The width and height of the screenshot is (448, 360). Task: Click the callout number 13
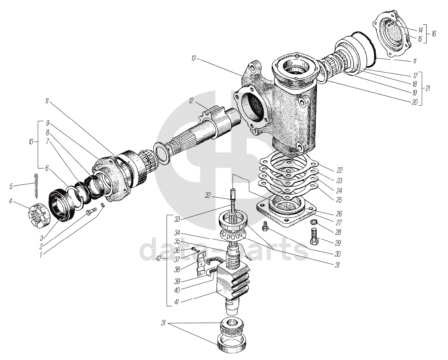193,58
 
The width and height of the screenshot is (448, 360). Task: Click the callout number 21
427,88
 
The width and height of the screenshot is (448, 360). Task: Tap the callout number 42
159,259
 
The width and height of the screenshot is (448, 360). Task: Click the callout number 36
177,250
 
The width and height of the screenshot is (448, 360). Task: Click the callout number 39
177,281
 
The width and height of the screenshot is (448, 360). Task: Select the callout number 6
47,168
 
